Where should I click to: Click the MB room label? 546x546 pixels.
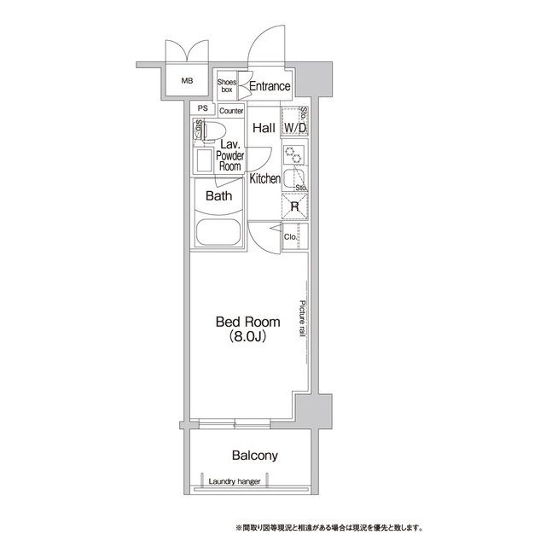click(187, 81)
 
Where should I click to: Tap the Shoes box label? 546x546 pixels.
click(227, 85)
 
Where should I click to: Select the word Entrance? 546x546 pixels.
click(270, 86)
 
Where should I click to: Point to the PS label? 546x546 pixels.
click(203, 108)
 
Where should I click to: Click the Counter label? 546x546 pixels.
click(231, 111)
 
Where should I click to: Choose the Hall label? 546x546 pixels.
click(264, 128)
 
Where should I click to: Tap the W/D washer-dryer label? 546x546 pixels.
click(295, 128)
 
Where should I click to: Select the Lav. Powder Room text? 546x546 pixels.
click(229, 155)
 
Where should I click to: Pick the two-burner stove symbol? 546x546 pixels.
click(293, 155)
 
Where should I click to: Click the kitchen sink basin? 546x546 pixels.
click(293, 178)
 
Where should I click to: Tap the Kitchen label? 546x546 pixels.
click(265, 178)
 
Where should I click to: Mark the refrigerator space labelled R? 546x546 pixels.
click(294, 206)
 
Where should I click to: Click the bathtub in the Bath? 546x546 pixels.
click(218, 232)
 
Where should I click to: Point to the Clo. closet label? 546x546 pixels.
click(290, 237)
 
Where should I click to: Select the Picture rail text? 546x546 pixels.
click(302, 318)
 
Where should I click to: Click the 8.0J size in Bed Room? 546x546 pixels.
click(248, 336)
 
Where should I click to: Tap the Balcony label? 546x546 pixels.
click(255, 456)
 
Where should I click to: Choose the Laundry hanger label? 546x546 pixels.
click(235, 481)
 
